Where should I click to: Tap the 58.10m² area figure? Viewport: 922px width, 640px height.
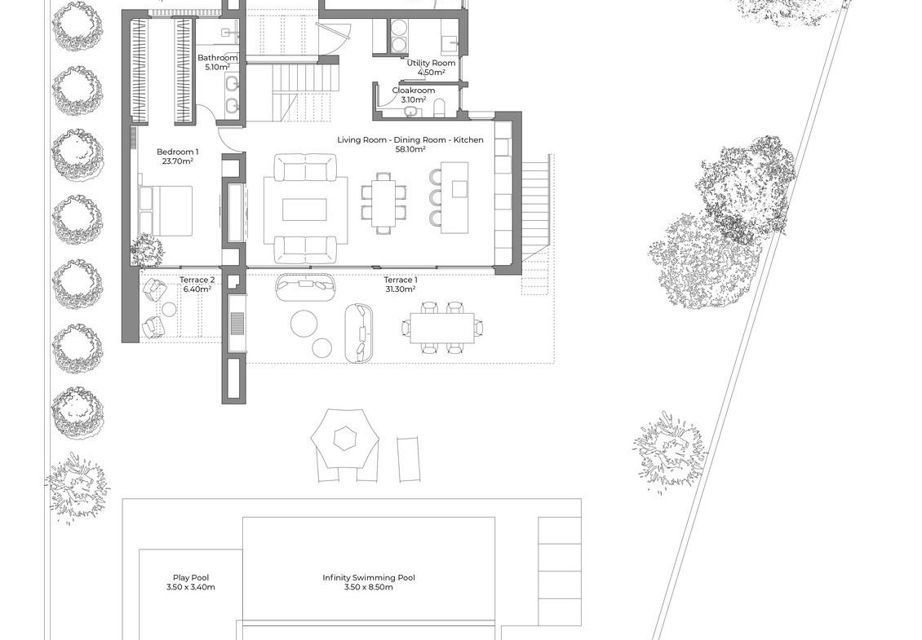click(410, 149)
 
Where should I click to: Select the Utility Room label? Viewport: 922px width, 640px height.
click(431, 63)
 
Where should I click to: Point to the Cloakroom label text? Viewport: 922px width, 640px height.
click(414, 90)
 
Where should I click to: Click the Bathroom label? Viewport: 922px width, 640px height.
click(218, 58)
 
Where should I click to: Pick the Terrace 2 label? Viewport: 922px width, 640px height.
click(197, 280)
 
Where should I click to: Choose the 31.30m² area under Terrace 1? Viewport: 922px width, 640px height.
click(401, 289)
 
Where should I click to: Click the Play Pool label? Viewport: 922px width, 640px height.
click(190, 578)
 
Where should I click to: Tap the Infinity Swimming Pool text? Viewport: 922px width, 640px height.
click(369, 578)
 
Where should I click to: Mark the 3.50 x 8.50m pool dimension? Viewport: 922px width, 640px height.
click(369, 587)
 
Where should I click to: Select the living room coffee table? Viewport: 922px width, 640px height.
click(304, 210)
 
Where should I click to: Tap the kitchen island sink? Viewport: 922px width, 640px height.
click(460, 189)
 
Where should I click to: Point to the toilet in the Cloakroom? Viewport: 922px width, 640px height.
click(439, 108)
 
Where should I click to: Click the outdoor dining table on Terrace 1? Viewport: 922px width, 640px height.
click(442, 328)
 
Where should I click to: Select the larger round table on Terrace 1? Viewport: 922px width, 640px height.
click(304, 324)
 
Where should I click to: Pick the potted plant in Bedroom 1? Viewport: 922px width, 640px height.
click(146, 251)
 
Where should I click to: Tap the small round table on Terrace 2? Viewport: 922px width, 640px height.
click(170, 309)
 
